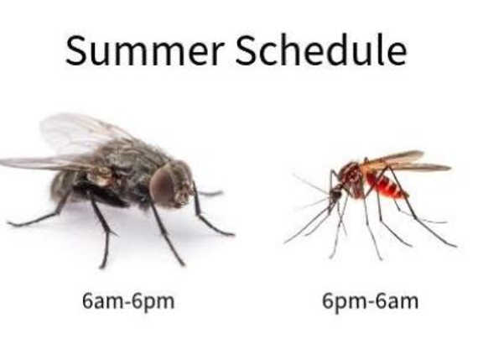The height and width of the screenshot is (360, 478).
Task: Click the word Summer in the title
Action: pyautogui.click(x=145, y=50)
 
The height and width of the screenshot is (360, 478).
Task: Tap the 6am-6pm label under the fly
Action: pyautogui.click(x=128, y=302)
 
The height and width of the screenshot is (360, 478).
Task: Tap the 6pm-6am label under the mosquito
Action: pyautogui.click(x=371, y=302)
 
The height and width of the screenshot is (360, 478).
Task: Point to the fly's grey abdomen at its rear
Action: pyautogui.click(x=63, y=186)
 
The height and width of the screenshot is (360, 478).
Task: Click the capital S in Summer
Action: pyautogui.click(x=76, y=50)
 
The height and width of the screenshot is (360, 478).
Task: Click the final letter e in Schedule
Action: pyautogui.click(x=396, y=55)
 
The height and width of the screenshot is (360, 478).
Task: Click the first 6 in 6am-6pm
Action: pyautogui.click(x=87, y=301)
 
